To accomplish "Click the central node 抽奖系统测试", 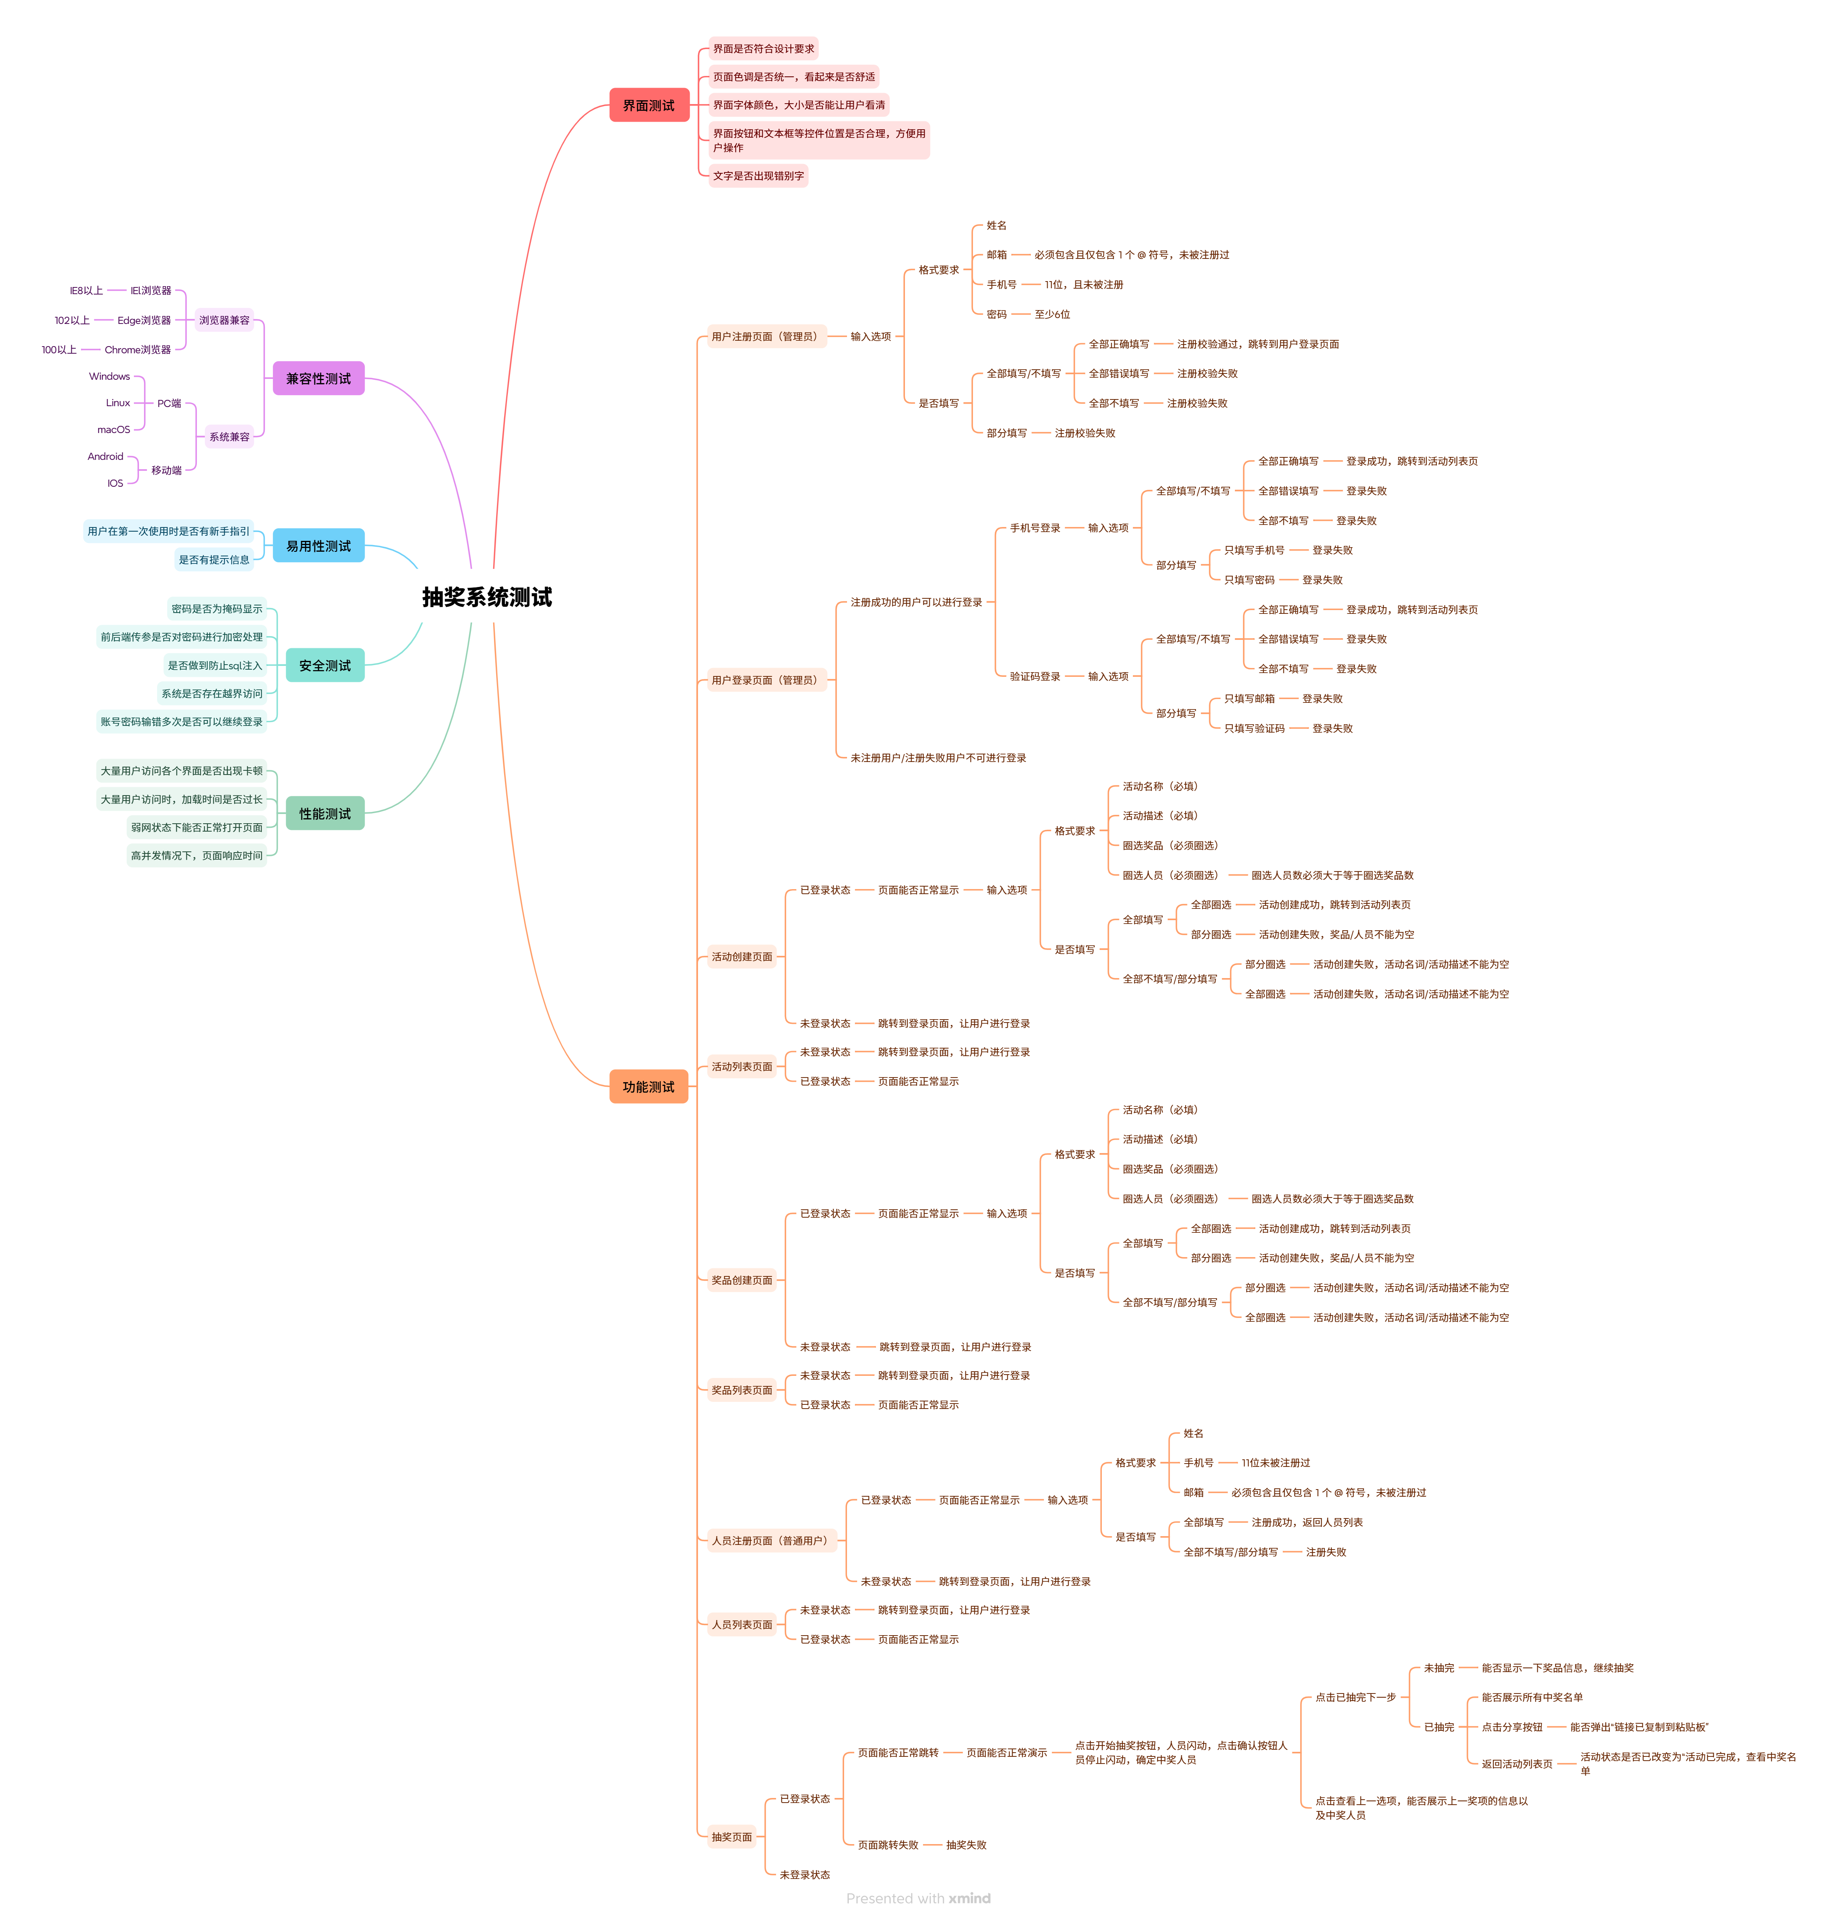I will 487,597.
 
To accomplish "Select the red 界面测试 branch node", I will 648,105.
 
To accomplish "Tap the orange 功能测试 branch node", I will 648,1086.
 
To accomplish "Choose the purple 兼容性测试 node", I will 319,378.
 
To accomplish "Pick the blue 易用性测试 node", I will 319,545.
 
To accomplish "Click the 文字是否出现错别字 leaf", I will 758,176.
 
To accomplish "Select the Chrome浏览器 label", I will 137,350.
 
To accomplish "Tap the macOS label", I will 114,429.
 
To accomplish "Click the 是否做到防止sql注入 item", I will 214,665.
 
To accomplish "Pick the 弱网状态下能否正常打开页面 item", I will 197,827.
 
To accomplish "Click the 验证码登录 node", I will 1035,676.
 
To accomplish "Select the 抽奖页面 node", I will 732,1837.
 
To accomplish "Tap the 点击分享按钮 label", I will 1512,1727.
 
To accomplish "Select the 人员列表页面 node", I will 742,1624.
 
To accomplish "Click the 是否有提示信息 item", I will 214,559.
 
